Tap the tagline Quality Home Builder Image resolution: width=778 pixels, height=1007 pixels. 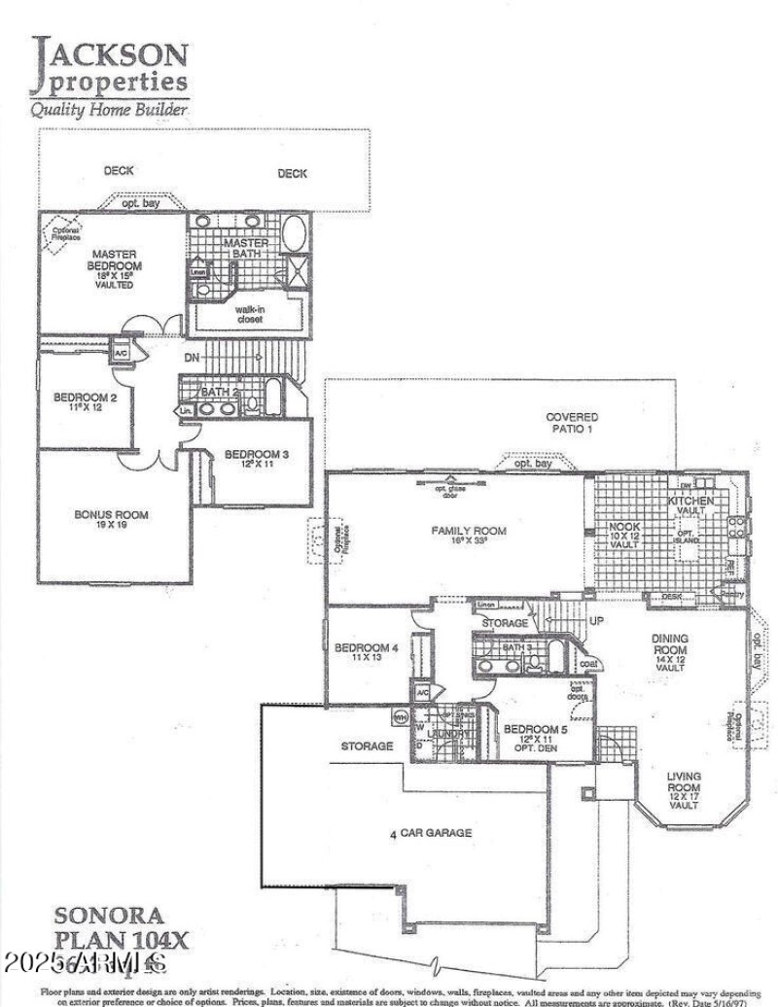(x=109, y=109)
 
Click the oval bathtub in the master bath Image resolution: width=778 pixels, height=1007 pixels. (x=294, y=233)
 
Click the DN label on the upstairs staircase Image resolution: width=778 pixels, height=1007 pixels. (x=191, y=358)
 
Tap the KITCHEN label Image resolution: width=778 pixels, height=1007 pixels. (x=690, y=501)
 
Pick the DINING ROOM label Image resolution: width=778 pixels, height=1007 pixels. (x=669, y=644)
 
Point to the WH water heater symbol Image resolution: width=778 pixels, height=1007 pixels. (x=400, y=717)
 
